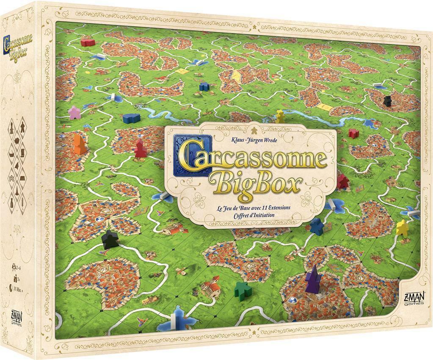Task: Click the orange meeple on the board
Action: [79, 144]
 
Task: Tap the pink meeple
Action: [74, 113]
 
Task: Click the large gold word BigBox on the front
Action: [259, 183]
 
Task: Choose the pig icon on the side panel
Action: [15, 140]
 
